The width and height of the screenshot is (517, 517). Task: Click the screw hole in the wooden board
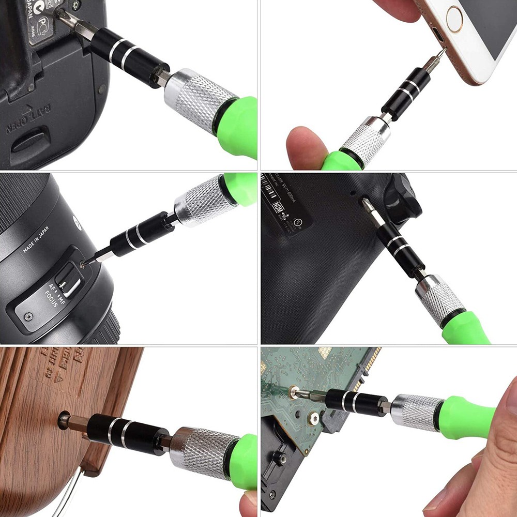(64, 419)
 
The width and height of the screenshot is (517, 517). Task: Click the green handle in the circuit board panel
(465, 416)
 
